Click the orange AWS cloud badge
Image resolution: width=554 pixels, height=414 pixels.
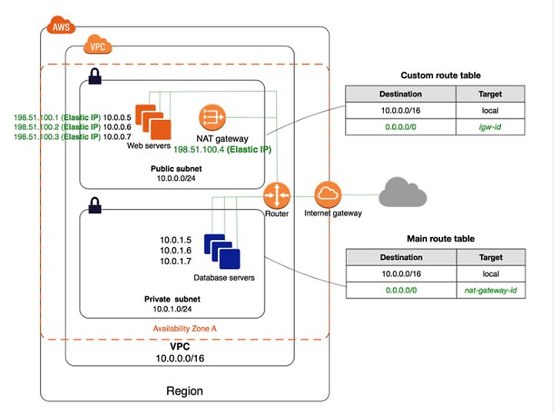tap(61, 25)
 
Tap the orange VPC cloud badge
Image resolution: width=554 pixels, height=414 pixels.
tap(98, 45)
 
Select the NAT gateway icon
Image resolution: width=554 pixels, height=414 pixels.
tap(212, 117)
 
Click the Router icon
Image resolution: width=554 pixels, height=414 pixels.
tap(277, 195)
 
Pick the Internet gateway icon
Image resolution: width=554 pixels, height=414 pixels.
tap(328, 195)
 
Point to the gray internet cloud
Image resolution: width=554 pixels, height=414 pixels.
tap(402, 192)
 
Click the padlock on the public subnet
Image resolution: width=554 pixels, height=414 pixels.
tap(95, 76)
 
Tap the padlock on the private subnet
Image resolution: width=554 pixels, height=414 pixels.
tap(95, 205)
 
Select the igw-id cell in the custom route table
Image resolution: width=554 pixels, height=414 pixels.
tap(490, 127)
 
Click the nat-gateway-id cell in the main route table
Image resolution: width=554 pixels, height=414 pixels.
tap(491, 290)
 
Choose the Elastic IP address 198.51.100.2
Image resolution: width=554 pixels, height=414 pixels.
tap(57, 127)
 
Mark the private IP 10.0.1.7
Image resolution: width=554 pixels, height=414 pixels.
tap(175, 262)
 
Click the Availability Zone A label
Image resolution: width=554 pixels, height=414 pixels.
tap(185, 329)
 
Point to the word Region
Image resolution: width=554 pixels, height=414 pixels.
tap(185, 391)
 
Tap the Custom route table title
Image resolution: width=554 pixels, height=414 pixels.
tap(441, 75)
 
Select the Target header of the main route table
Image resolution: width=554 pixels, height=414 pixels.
tap(491, 257)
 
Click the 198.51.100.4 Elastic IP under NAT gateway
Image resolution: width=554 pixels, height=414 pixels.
tap(222, 149)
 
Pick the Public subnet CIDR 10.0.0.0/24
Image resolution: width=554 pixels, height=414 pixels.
tap(176, 179)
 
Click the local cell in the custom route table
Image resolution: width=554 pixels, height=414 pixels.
tap(490, 111)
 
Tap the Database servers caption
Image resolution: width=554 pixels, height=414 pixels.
tap(224, 278)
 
